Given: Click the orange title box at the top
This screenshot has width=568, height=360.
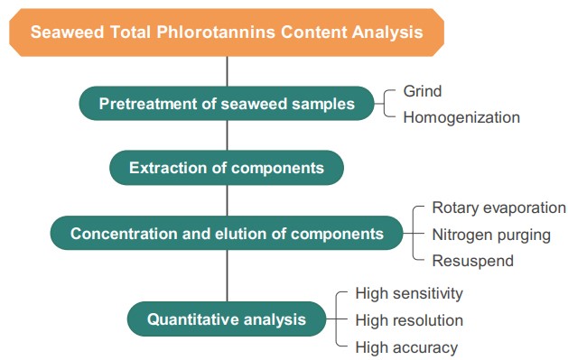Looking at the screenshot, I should [227, 32].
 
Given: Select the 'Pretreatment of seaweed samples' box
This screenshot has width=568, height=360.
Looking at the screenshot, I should [227, 103].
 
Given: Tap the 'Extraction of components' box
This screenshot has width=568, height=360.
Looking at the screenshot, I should [227, 168].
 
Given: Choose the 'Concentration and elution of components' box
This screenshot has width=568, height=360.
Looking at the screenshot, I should [227, 234].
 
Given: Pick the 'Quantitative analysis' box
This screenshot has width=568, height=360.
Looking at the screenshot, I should [227, 318].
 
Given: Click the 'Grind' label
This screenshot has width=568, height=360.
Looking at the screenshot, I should [422, 91].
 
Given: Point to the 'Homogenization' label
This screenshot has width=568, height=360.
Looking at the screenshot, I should [461, 117].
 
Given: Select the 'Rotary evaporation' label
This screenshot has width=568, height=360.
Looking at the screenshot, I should [498, 208].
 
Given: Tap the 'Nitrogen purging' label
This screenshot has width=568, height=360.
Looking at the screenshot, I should [491, 235].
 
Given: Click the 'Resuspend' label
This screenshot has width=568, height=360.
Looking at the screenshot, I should [472, 261].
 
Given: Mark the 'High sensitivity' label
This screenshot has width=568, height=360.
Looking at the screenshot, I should [409, 293].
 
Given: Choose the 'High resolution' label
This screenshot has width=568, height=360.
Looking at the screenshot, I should [409, 320].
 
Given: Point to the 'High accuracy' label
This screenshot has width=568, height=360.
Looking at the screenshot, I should [406, 347].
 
